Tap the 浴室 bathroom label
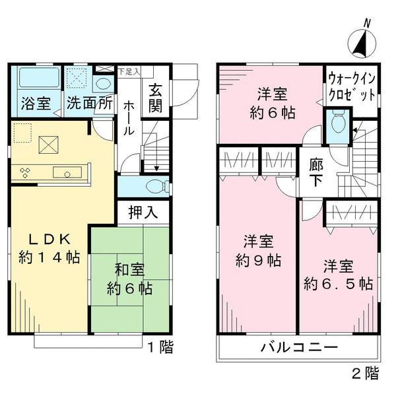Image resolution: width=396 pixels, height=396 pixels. coord(36,103)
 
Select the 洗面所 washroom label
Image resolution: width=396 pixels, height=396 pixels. coord(88,103)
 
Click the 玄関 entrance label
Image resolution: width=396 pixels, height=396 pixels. coord(156,98)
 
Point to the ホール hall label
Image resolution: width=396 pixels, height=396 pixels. coord(128,117)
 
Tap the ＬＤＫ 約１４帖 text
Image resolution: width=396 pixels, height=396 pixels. coord(48,248)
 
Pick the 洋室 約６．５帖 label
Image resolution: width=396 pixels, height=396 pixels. coord(338,276)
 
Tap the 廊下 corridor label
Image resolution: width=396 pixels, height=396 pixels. coord(315,172)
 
